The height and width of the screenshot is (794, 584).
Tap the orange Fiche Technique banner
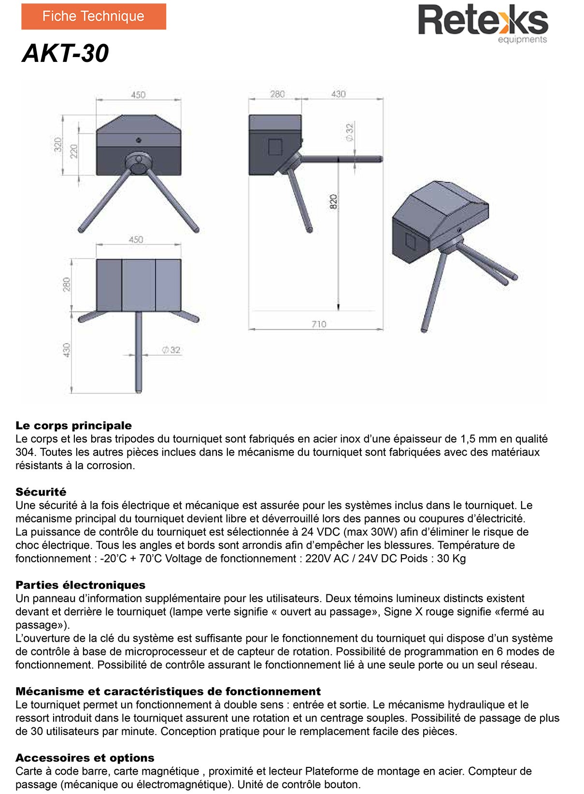pos(93,16)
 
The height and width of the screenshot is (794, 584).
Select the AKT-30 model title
pos(66,53)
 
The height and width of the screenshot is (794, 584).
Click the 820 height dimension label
pos(333,202)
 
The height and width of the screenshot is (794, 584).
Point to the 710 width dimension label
pos(318,324)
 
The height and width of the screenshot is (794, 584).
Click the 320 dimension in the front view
pos(58,145)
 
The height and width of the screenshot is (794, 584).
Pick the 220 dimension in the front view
pos(73,151)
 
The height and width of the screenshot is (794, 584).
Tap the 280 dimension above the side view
pos(277,94)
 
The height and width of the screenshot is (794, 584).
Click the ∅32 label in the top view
pos(171,350)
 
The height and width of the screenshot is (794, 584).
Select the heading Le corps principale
pos(73,426)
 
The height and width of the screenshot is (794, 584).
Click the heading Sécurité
pos(41,492)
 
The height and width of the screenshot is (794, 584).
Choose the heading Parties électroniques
pos(80,585)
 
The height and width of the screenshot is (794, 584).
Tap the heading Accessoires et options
pos(85,758)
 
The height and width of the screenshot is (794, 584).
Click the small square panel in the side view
pos(275,147)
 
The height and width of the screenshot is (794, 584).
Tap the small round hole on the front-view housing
pos(139,140)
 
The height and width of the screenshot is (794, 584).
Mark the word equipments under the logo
pos(522,40)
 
